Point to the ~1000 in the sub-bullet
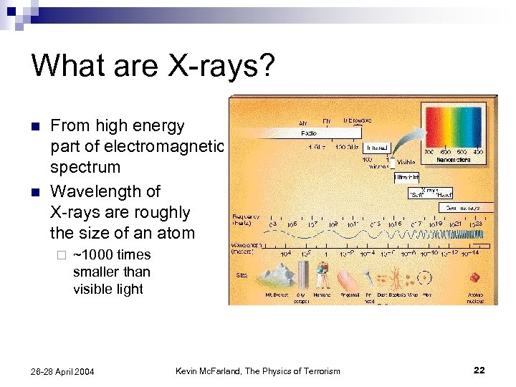(92, 255)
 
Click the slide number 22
(479, 370)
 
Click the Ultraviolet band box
(406, 177)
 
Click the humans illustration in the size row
(322, 274)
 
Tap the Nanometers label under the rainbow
(453, 160)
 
